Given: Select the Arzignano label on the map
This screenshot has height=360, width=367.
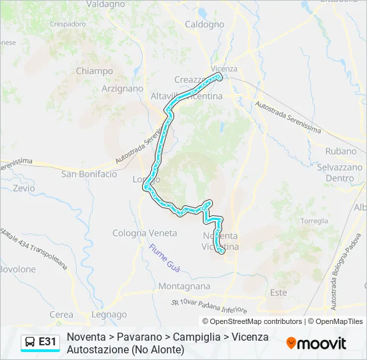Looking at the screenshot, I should [122, 88].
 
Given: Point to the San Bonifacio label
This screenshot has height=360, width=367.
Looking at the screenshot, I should [89, 174].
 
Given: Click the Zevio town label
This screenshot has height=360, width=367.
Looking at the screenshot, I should [23, 188].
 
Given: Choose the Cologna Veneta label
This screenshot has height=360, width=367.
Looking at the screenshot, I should [145, 233].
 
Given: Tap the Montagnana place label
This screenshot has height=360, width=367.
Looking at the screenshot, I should [185, 286].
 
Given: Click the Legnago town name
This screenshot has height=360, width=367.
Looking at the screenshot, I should [109, 315].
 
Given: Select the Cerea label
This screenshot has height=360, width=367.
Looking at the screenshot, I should [61, 315].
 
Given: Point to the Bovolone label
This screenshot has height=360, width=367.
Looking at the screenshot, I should [18, 269].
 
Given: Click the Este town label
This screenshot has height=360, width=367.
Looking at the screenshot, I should [278, 293].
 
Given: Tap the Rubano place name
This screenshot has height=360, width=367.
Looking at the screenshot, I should [340, 151].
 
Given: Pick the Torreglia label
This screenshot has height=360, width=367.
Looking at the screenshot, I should [314, 221].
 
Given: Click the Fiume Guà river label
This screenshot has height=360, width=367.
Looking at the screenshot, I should [163, 256].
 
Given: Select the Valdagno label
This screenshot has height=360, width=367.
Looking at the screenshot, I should [105, 4].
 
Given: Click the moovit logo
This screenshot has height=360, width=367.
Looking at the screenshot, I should [316, 343].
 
